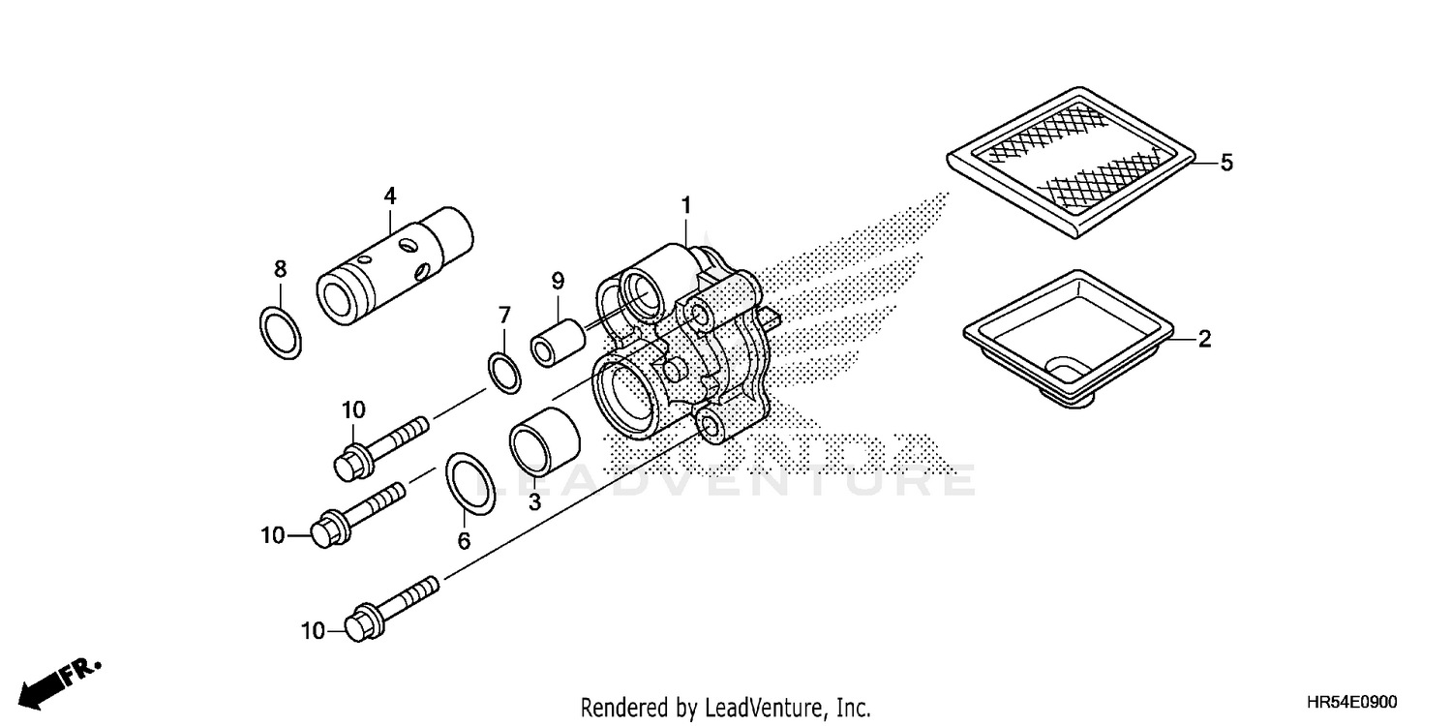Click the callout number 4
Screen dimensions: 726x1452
click(390, 196)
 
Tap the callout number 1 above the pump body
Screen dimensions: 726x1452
click(685, 205)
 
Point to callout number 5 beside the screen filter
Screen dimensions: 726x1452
click(1226, 163)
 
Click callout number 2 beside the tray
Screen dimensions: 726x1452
click(1204, 339)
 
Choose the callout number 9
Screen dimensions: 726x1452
click(558, 281)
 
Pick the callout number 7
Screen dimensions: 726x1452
click(503, 315)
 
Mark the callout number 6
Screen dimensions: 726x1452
click(464, 541)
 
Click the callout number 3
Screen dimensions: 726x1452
click(532, 502)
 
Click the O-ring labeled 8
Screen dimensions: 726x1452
click(281, 332)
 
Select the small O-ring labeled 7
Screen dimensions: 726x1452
click(503, 374)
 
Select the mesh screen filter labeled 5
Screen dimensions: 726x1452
click(1071, 162)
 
